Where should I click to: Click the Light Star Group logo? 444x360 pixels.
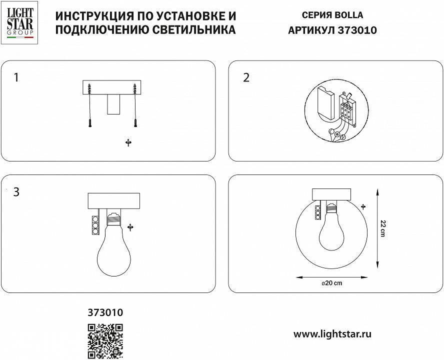click(20, 22)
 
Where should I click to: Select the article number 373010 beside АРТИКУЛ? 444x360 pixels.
click(358, 30)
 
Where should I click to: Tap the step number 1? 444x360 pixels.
click(16, 77)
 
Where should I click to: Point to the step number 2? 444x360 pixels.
click(246, 77)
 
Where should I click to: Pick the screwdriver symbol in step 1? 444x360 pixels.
click(128, 143)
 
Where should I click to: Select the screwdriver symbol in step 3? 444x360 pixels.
click(130, 227)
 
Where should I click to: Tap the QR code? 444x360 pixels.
click(105, 341)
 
